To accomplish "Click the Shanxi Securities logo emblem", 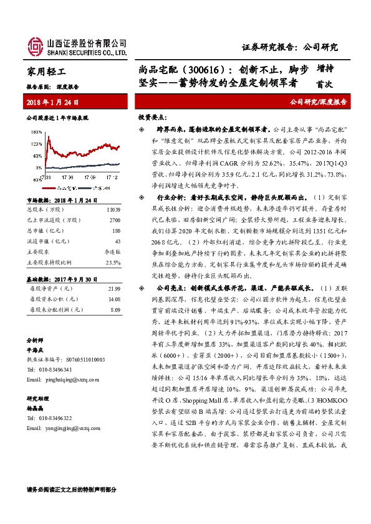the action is pos(35,45).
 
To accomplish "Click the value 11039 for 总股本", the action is pos(113,211).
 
